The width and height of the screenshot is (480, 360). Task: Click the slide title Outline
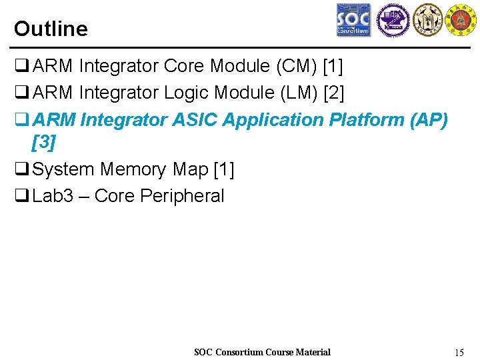pyautogui.click(x=51, y=29)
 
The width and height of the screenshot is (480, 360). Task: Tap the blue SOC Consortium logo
pyautogui.click(x=353, y=20)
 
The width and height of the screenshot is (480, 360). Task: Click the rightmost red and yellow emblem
pyautogui.click(x=461, y=20)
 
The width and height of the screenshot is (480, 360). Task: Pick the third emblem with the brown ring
pyautogui.click(x=427, y=20)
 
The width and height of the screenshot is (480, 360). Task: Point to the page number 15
pyautogui.click(x=458, y=352)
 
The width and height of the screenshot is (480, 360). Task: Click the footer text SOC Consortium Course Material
pyautogui.click(x=262, y=352)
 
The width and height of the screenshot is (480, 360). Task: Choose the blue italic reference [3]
pyautogui.click(x=44, y=141)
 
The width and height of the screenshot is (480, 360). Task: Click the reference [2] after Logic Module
pyautogui.click(x=333, y=93)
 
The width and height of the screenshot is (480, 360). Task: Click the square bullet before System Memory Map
pyautogui.click(x=21, y=169)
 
